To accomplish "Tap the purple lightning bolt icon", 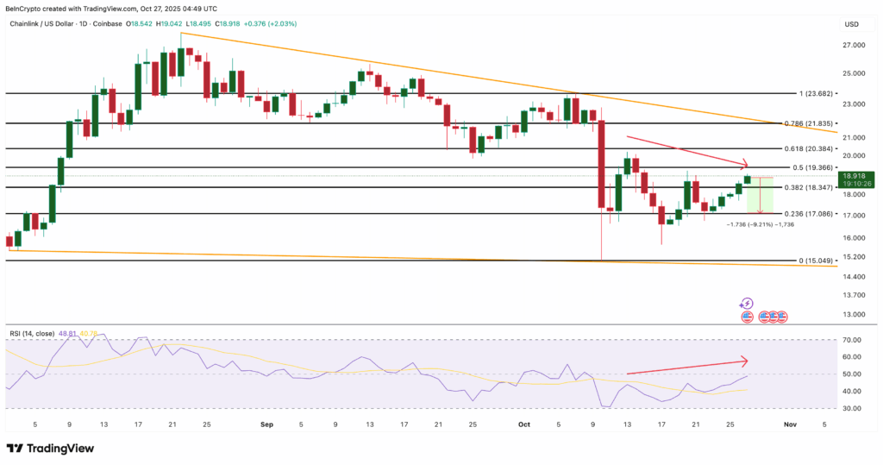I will pos(747,304).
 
